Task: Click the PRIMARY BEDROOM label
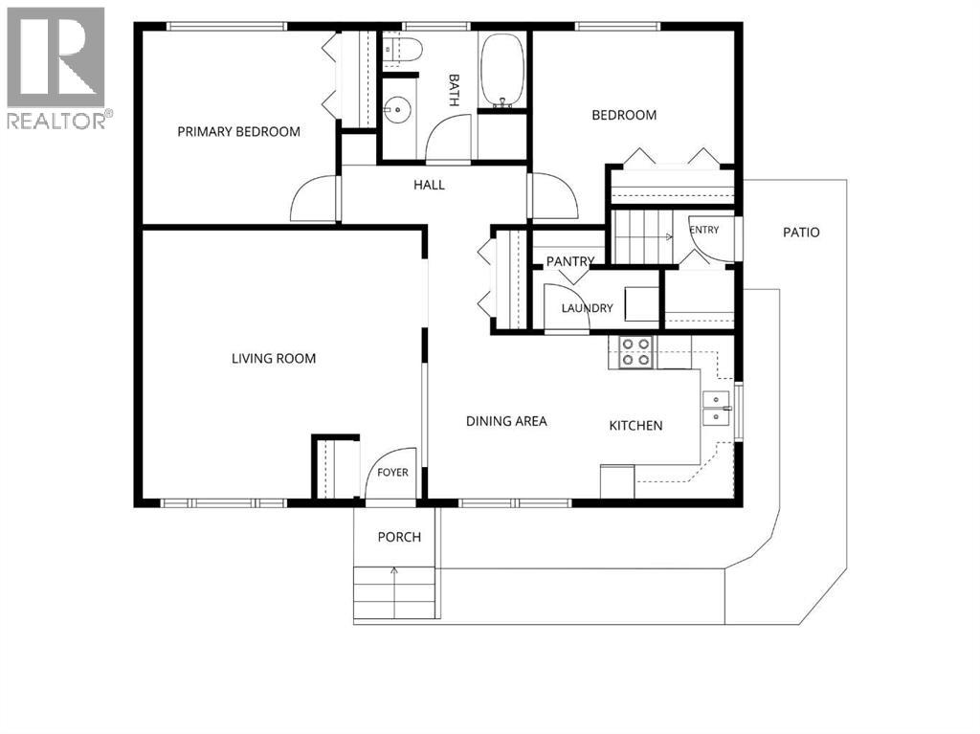[238, 132]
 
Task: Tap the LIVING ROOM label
[274, 359]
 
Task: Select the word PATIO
[801, 233]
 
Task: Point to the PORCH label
[399, 537]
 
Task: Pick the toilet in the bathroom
[402, 50]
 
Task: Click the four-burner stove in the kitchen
[635, 352]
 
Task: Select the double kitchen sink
[716, 408]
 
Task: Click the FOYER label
[392, 473]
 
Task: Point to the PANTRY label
[570, 261]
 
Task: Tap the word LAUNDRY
[587, 308]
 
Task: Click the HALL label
[429, 185]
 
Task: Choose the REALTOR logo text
[56, 120]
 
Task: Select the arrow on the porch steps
[394, 590]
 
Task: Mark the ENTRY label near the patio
[704, 230]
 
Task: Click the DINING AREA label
[506, 421]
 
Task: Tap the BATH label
[455, 91]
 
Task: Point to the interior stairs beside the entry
[642, 237]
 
